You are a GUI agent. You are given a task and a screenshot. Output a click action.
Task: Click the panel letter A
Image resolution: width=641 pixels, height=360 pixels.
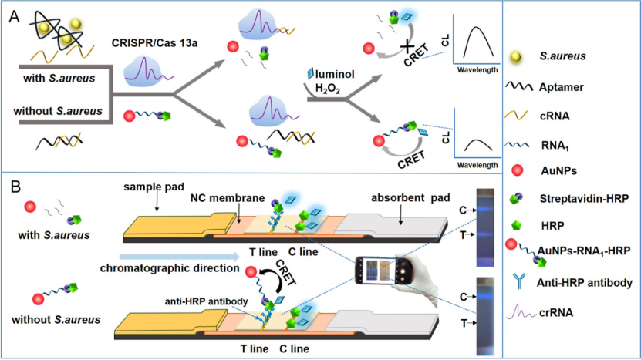tap(14, 17)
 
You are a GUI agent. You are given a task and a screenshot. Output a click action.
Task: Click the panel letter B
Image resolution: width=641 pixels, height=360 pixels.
tap(14, 187)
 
